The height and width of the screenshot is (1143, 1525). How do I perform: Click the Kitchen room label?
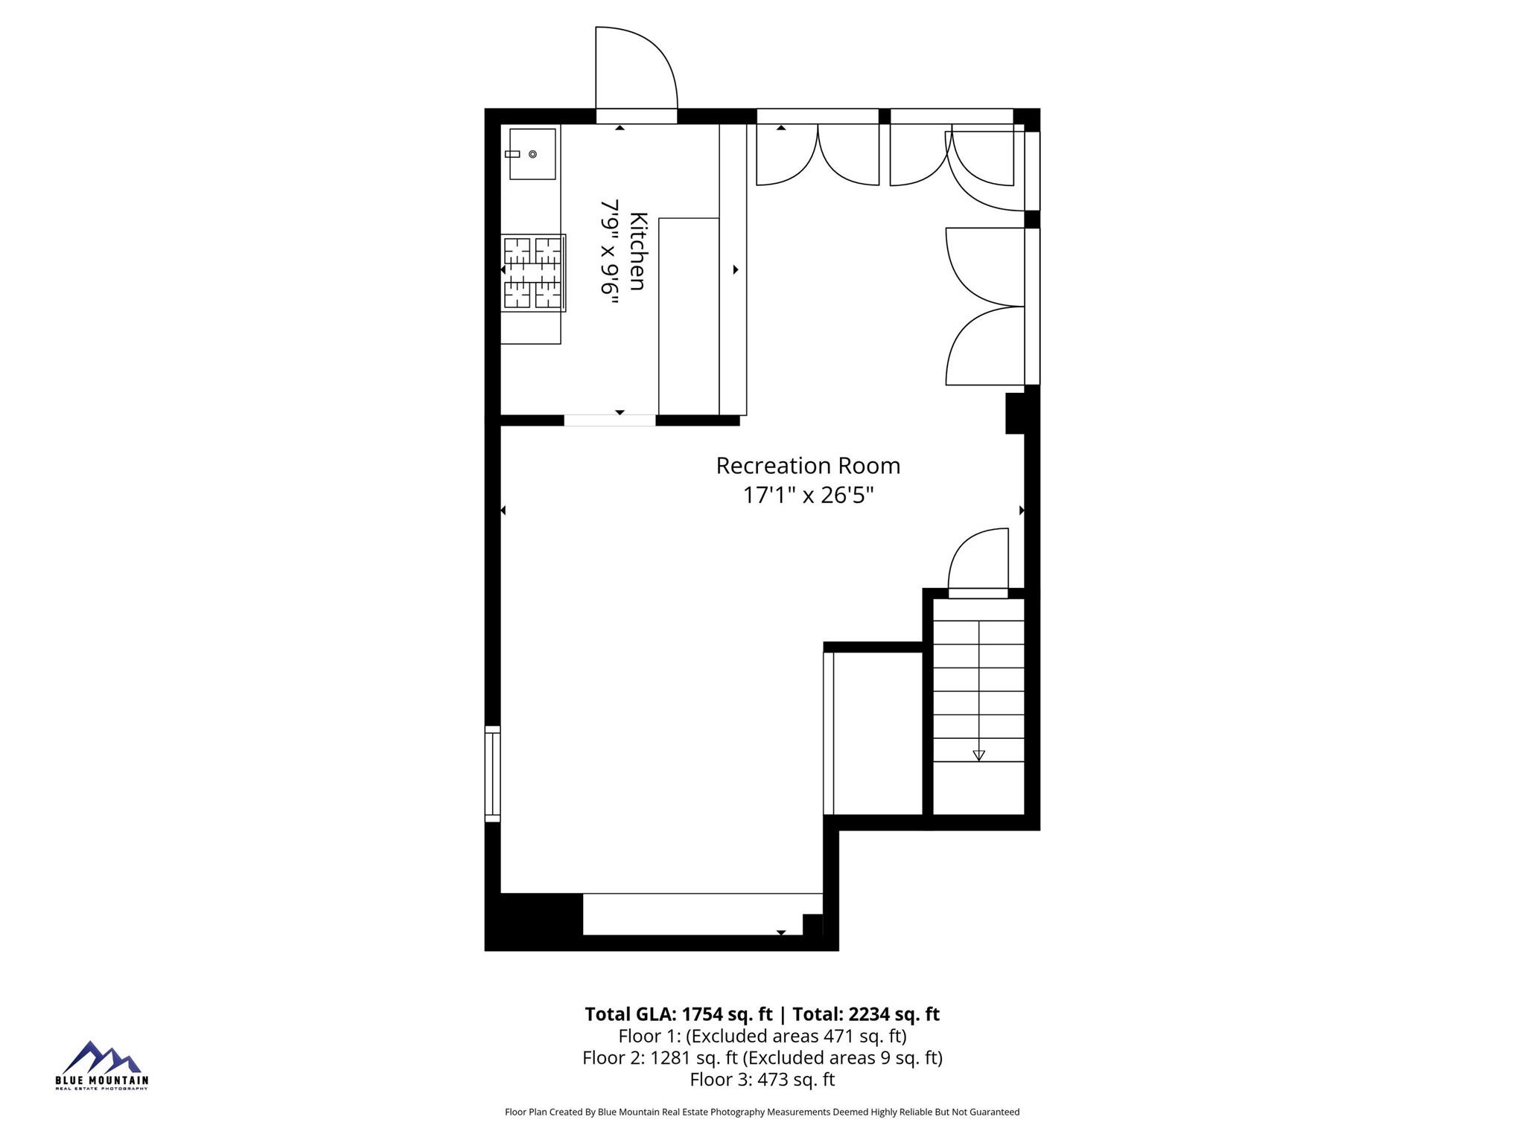638,252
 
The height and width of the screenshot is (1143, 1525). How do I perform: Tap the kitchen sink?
532,154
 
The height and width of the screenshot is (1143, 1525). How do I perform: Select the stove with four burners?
533,272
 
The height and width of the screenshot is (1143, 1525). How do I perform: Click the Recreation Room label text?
808,466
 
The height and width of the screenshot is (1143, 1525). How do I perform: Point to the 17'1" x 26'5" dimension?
808,495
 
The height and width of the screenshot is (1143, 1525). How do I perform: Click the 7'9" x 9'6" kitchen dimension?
611,257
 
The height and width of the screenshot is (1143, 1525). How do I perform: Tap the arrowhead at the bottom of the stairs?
978,755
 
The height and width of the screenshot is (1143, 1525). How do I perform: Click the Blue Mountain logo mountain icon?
101,1057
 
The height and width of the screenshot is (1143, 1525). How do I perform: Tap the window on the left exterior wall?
492,774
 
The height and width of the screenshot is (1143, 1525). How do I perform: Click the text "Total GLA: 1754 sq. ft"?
678,1014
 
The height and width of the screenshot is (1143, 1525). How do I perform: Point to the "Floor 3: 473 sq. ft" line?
762,1080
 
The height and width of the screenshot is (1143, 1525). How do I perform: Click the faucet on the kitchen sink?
512,154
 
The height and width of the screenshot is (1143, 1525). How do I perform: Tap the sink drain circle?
532,154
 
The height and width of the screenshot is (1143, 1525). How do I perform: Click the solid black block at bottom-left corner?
534,921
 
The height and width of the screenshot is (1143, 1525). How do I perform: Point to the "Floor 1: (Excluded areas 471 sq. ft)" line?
762,1036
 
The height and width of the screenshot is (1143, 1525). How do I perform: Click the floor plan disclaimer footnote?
762,1112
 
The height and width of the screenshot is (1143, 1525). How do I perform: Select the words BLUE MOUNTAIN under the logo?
102,1080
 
